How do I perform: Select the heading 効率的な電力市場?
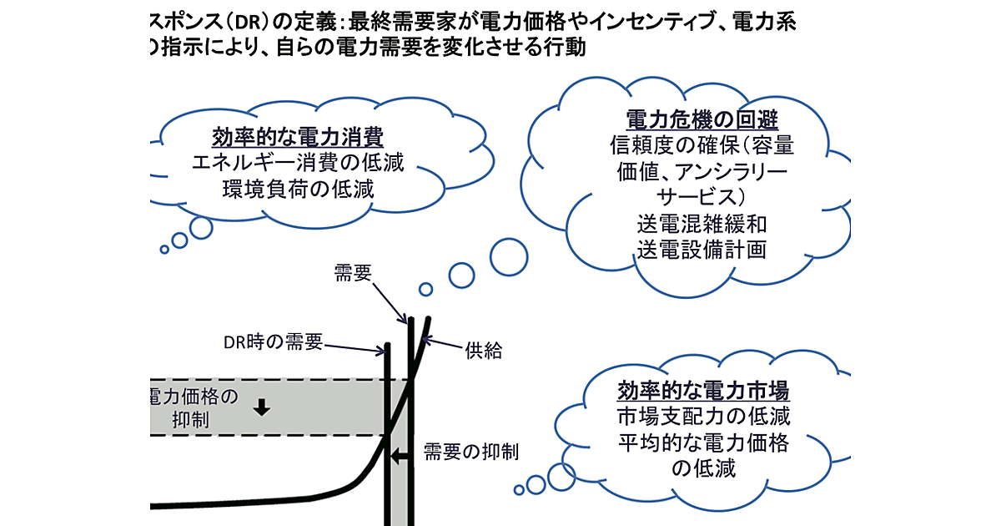(703, 390)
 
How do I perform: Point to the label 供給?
(483, 351)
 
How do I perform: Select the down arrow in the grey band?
(263, 407)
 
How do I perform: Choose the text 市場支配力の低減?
(703, 416)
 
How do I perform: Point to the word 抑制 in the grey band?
(194, 421)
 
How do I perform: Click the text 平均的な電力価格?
(703, 442)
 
